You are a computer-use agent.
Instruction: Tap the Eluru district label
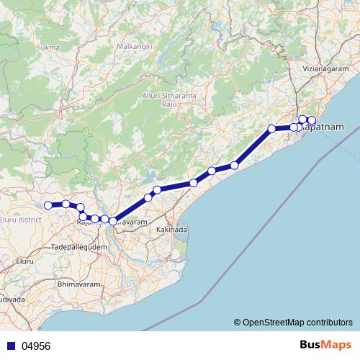[20, 219]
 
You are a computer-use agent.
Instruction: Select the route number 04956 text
[37, 346]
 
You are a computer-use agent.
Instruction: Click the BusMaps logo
[325, 346]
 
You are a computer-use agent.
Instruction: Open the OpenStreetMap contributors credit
[292, 322]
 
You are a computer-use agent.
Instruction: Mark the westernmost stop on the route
[49, 205]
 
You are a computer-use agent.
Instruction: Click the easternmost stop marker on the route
[312, 120]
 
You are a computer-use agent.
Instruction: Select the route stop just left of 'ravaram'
[112, 221]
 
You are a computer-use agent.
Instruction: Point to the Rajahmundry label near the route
[88, 223]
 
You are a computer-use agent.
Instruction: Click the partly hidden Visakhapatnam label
[325, 127]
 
